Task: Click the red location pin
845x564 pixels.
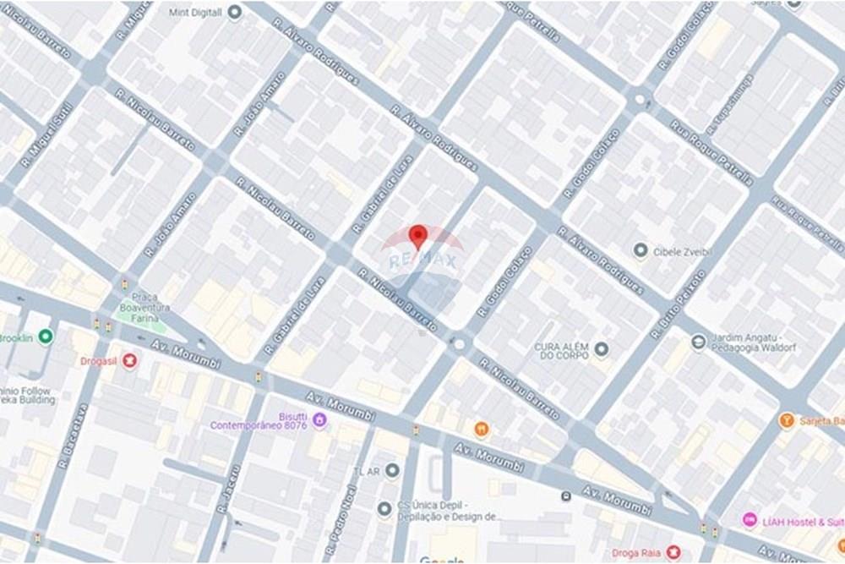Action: coord(417,236)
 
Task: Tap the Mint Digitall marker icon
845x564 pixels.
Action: coord(235,12)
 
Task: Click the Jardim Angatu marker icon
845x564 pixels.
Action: coord(698,342)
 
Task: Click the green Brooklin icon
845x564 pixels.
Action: coord(46,337)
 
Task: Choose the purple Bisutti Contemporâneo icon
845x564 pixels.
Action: coord(319,419)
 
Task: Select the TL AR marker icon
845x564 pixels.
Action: coord(392,470)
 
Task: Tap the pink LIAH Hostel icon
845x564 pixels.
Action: coord(749,519)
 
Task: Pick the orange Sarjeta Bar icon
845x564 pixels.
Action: coord(786,420)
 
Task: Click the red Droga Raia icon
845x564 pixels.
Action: coord(673,552)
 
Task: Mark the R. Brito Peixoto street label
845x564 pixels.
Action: coord(678,304)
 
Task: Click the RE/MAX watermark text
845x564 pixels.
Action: coord(422,260)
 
